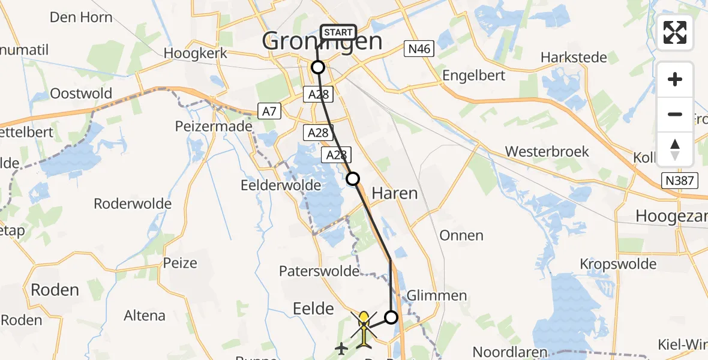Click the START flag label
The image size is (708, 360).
pos(339,32)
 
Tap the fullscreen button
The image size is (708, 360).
pos(675,33)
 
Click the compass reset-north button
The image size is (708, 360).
pos(675,149)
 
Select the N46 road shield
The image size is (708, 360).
pos(418,49)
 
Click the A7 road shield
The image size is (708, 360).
pos(268,110)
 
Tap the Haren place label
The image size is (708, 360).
pos(394,193)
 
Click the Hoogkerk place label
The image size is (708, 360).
pos(196,53)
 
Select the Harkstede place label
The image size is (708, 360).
pos(574,58)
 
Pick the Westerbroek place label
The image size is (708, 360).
pos(547,151)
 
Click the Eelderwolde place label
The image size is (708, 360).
pos(281,185)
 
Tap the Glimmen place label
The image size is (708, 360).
pos(437,295)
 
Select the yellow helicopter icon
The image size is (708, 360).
pos(364,327)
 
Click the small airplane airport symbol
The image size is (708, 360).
pos(341,347)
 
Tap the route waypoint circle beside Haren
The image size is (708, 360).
pos(353,178)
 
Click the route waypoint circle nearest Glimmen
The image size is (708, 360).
pos(391,317)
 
